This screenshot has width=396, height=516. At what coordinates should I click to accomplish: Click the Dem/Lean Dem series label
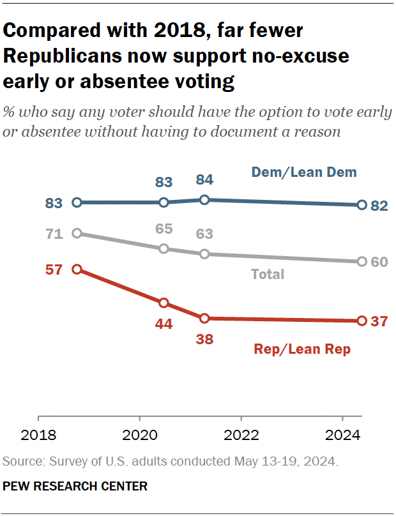tap(303, 172)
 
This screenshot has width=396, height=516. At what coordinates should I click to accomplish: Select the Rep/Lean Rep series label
tap(302, 349)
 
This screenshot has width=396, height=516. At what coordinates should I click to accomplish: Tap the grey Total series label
tap(268, 275)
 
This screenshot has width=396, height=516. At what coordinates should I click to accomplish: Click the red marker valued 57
tap(77, 269)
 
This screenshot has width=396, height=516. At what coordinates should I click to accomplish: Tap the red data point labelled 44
tap(164, 303)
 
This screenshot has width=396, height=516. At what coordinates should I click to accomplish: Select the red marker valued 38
tap(204, 318)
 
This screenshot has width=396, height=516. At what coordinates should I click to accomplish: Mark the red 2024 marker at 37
tap(362, 321)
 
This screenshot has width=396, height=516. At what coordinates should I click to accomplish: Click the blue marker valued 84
tap(204, 200)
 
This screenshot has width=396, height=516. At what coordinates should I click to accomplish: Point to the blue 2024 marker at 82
tap(362, 205)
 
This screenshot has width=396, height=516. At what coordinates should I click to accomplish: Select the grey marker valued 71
tap(77, 233)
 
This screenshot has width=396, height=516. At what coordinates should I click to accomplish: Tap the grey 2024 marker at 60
tap(362, 262)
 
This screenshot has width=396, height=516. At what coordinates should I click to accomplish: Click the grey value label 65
tap(164, 229)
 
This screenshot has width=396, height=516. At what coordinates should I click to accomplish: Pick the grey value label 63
tap(204, 234)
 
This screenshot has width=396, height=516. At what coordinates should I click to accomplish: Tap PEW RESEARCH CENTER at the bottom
tap(75, 486)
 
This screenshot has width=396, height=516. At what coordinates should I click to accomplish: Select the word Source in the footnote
tap(20, 461)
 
